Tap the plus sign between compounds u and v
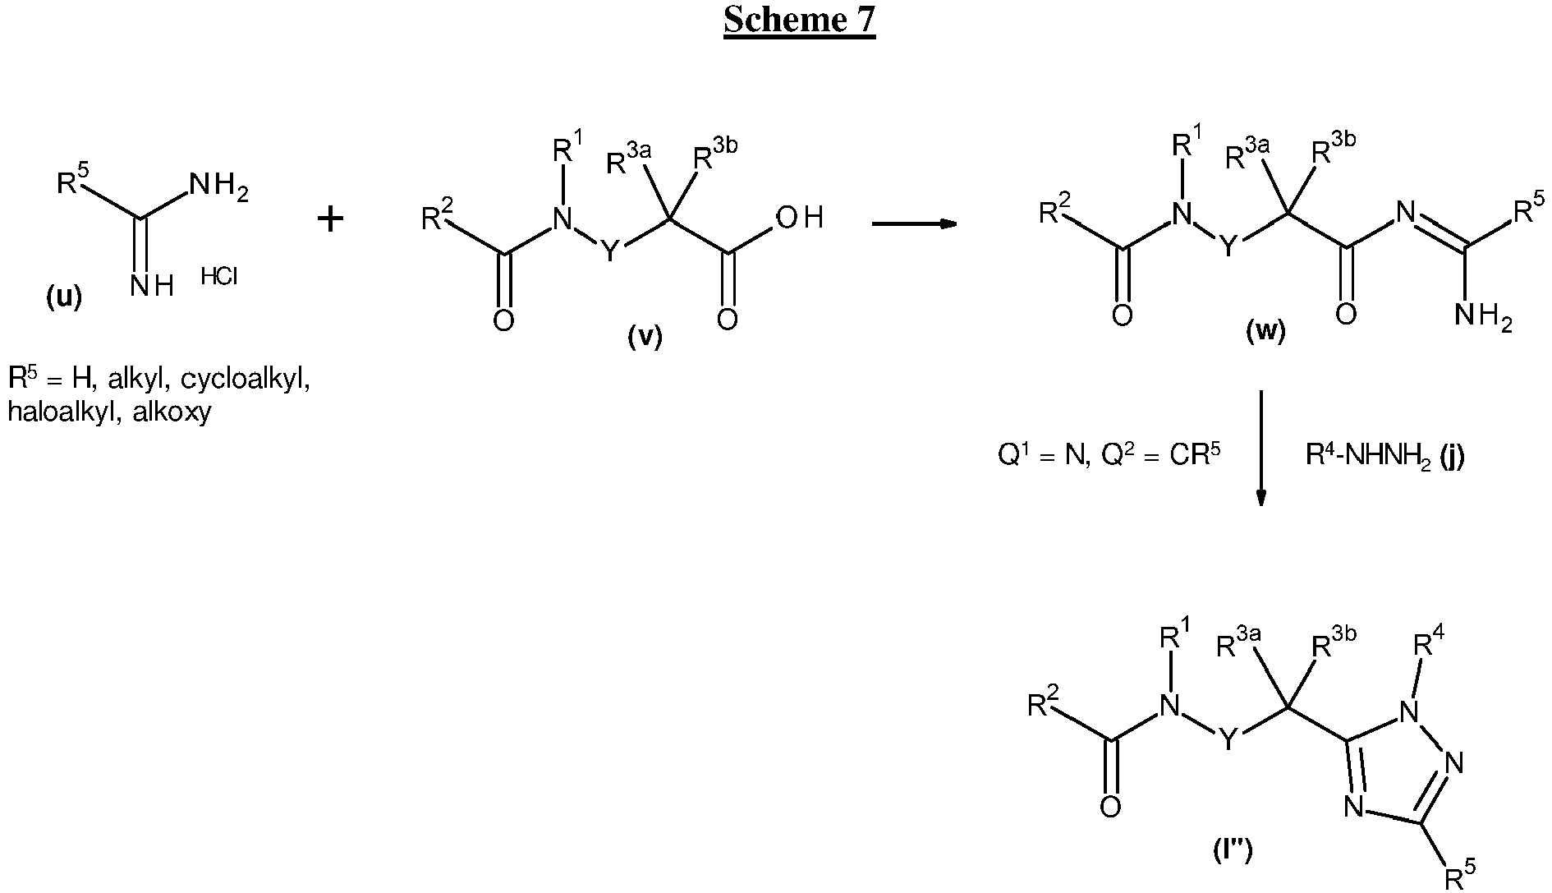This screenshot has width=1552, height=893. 330,219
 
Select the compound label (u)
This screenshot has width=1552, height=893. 63,297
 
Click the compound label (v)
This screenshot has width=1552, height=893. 645,336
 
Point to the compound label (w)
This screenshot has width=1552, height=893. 1265,330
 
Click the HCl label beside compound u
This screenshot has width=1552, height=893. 219,278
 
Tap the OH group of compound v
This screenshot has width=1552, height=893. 799,218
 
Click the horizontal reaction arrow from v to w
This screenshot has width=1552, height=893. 914,223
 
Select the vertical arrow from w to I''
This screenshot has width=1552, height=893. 1261,449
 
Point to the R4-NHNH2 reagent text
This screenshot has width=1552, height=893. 1384,456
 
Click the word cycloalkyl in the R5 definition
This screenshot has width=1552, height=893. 245,380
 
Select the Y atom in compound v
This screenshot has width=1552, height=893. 609,252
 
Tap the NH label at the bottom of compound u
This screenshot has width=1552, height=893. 152,287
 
